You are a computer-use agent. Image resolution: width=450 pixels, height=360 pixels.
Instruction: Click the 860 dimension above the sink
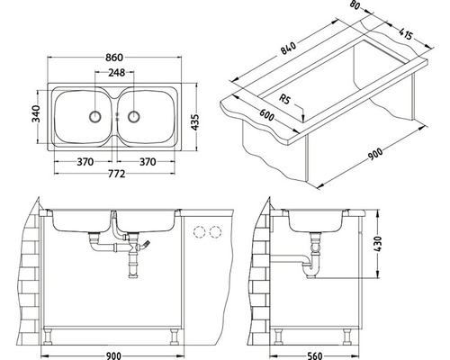pos(114,57)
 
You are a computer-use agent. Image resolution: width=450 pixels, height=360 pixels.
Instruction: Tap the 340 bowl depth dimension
pos(36,114)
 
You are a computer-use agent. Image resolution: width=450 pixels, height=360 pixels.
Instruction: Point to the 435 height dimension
pos(195,121)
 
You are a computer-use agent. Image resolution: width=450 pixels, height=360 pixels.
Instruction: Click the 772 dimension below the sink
pos(116,174)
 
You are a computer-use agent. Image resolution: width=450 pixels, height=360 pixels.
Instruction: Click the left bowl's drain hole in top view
pos(95,116)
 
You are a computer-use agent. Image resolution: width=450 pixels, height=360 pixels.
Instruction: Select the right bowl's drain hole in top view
pos(133,116)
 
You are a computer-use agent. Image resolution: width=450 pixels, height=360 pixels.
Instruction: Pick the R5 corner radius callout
pos(284,99)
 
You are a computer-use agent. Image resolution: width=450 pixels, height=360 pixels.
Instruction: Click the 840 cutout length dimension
pos(289,49)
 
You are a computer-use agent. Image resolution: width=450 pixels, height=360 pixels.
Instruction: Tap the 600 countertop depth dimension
pos(266,115)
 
